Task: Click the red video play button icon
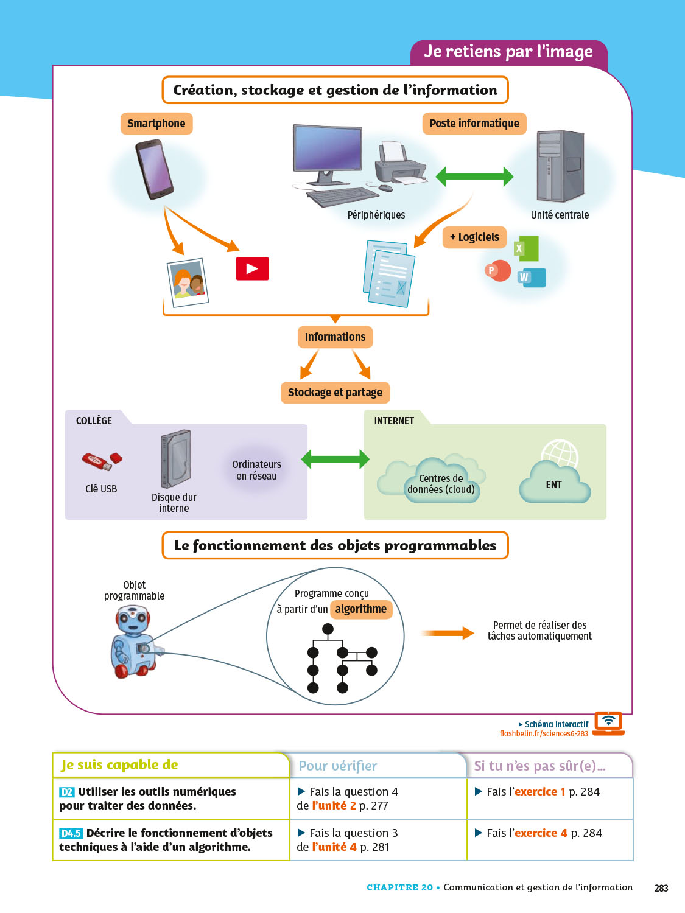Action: pyautogui.click(x=252, y=268)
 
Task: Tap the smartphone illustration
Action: pyautogui.click(x=155, y=169)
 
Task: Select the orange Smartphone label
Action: pyautogui.click(x=156, y=124)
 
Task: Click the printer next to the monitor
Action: pyautogui.click(x=399, y=164)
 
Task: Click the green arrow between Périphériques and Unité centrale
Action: pyautogui.click(x=474, y=177)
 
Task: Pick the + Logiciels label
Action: pyautogui.click(x=474, y=237)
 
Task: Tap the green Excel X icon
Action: pyautogui.click(x=527, y=248)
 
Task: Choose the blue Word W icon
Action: pyautogui.click(x=532, y=278)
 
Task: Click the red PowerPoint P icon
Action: pyautogui.click(x=497, y=270)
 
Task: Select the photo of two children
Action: pyautogui.click(x=188, y=282)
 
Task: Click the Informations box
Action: pyautogui.click(x=335, y=337)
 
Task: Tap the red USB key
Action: pyautogui.click(x=102, y=462)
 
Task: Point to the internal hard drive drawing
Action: pyautogui.click(x=175, y=459)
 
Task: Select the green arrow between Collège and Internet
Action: pyautogui.click(x=335, y=459)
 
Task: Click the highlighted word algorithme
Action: pyautogui.click(x=361, y=609)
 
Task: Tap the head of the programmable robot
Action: pyautogui.click(x=132, y=620)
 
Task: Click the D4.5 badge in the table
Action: pyautogui.click(x=71, y=833)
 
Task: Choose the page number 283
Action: pyautogui.click(x=661, y=888)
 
